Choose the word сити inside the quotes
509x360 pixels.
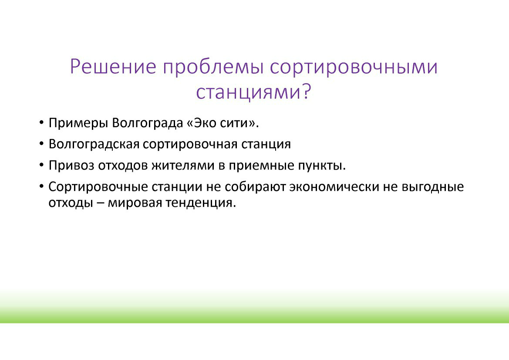(235, 123)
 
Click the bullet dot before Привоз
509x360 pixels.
(41, 165)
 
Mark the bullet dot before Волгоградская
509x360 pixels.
(41, 144)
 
